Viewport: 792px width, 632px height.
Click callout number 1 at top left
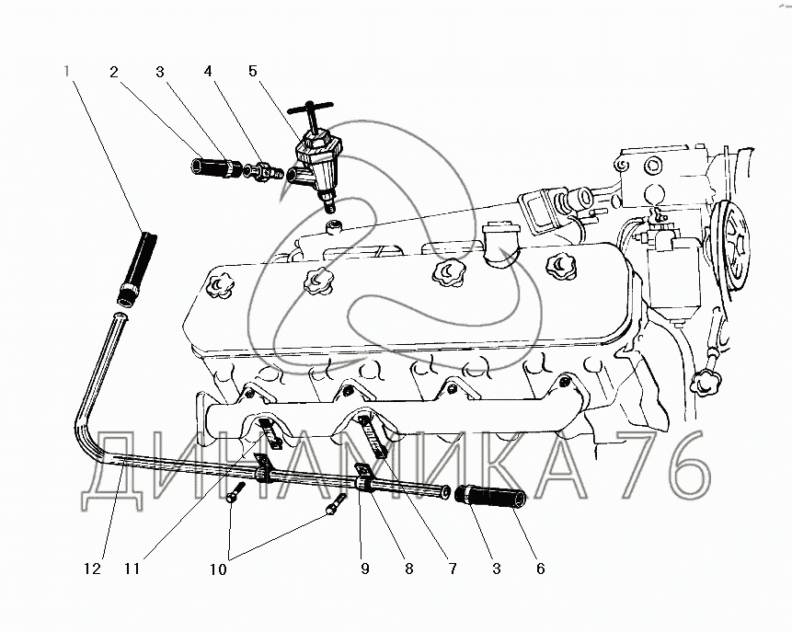66,71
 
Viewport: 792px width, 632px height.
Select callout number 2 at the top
114,73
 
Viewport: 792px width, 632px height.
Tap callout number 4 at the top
208,71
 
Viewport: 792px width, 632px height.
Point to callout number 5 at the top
253,71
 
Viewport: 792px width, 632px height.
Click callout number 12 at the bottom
92,569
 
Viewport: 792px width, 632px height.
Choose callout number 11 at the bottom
132,569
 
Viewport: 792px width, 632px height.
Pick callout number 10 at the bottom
218,569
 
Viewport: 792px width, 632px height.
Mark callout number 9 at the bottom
364,569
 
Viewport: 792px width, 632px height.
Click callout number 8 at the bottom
408,569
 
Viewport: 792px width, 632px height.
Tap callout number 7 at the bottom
453,569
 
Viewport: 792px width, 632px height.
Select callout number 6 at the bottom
541,569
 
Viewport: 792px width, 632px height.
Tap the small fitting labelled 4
263,172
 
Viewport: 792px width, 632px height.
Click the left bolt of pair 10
235,491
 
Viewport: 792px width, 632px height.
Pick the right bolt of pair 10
336,504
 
